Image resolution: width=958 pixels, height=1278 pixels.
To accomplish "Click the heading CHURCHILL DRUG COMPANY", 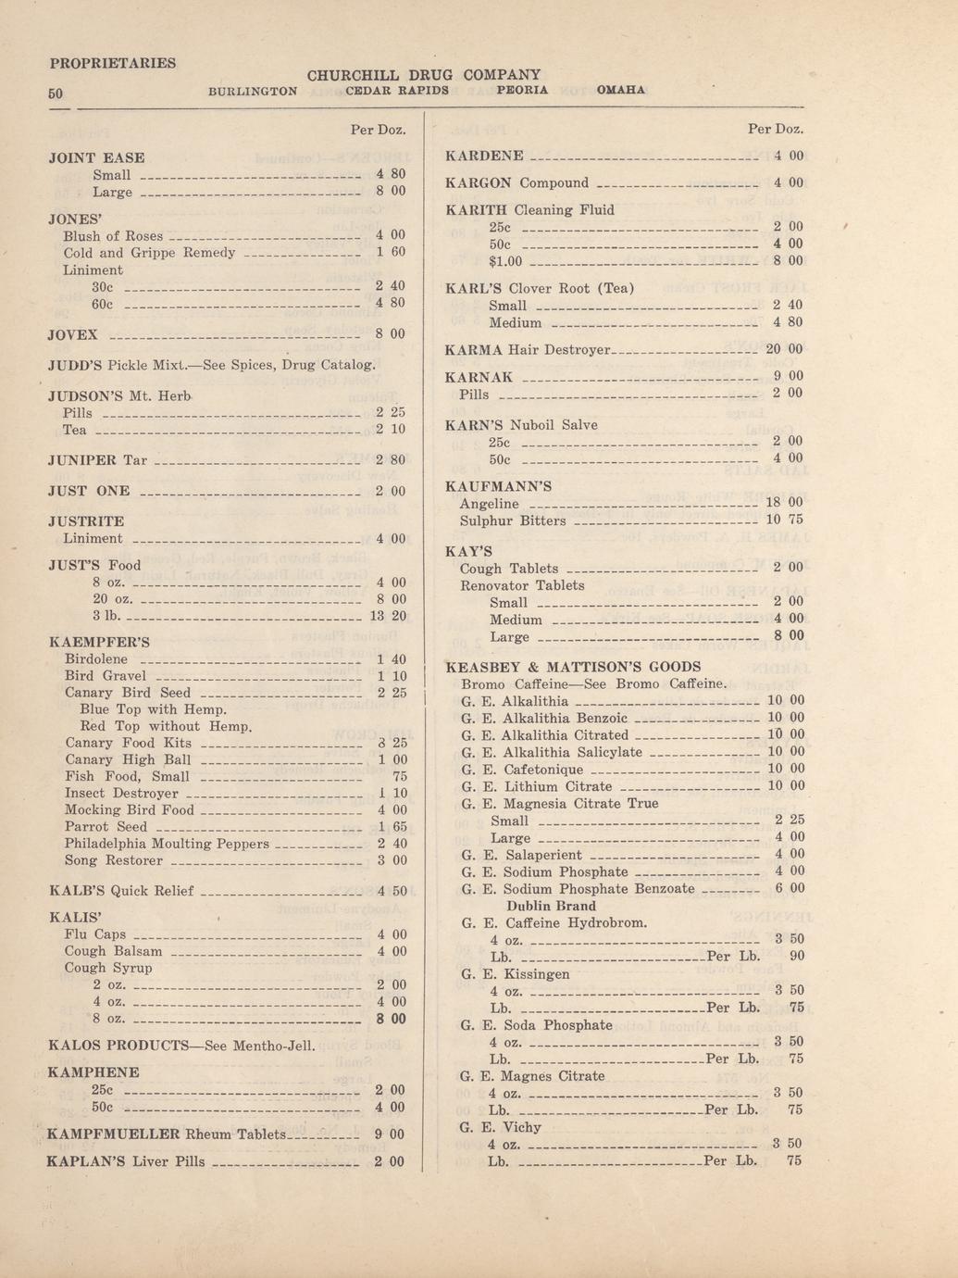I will click(x=423, y=74).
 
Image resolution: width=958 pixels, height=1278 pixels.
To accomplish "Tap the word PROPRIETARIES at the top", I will click(x=112, y=63).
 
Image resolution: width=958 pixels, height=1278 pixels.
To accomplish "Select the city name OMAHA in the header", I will click(x=621, y=91).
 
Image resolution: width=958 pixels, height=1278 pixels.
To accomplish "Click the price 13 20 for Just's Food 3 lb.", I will click(x=388, y=616).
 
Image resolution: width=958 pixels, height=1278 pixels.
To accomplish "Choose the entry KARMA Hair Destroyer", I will click(x=528, y=350).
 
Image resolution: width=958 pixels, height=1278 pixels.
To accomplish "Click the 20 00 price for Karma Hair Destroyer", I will click(x=784, y=350).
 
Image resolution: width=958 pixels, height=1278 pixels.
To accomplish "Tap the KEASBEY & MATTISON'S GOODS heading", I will click(x=573, y=667).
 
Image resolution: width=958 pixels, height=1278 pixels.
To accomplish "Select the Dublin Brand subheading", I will click(x=551, y=906).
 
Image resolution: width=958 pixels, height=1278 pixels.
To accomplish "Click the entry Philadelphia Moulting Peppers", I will click(x=167, y=844).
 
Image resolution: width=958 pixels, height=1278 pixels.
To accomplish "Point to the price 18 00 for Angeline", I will click(x=784, y=503).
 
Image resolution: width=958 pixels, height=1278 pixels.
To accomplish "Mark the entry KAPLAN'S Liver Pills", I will click(x=125, y=1161).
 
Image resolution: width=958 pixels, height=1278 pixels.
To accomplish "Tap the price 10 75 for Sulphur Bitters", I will click(x=784, y=520).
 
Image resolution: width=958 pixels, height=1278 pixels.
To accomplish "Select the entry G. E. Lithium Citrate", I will click(x=536, y=786).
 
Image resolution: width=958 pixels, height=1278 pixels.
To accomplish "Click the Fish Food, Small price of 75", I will click(x=400, y=777).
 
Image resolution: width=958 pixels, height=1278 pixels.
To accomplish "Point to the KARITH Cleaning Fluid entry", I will click(x=529, y=210).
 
